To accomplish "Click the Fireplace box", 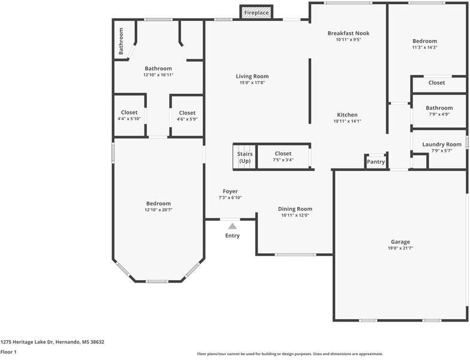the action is (257, 12).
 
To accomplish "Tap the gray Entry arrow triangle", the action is (233, 226).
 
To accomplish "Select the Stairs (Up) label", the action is (245, 157).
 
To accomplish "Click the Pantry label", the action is (376, 162).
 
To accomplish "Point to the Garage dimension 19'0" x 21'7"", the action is (400, 248).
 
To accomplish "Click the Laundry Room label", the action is (442, 144).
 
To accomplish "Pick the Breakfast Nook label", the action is (348, 34).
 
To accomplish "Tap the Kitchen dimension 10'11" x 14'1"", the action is (348, 121).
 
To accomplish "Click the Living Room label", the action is (252, 77).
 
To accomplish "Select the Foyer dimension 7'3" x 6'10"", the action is (230, 198).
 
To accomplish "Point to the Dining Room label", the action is (295, 209).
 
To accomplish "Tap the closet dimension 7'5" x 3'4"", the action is (283, 160).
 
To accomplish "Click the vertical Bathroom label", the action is (121, 41).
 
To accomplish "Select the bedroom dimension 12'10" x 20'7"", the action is (158, 210).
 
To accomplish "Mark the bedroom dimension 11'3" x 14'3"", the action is (424, 47).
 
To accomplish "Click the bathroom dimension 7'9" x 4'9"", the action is (439, 114).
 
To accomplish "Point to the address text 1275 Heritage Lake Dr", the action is (26, 342).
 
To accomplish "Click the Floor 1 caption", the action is (8, 352).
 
